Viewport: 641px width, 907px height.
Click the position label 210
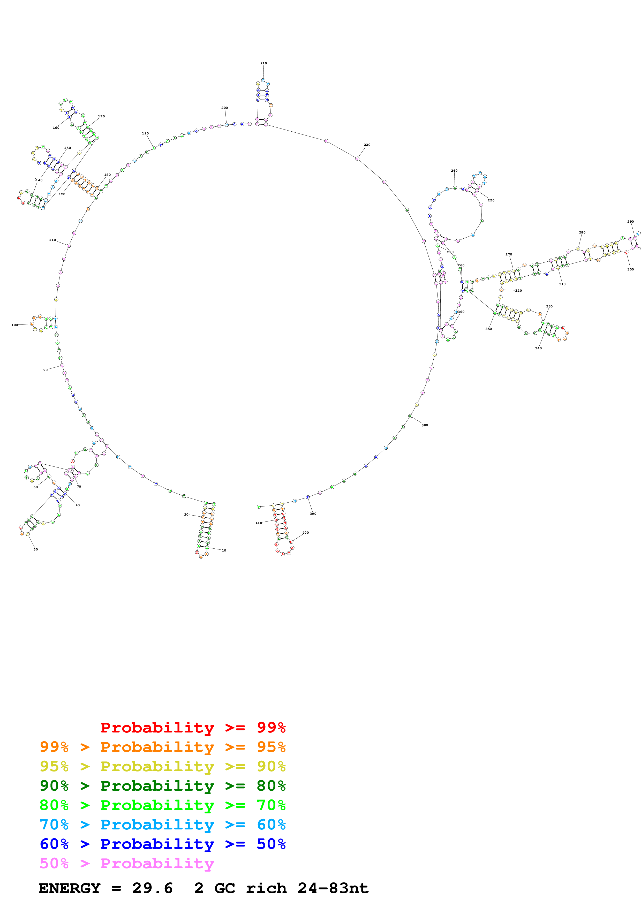pyautogui.click(x=263, y=63)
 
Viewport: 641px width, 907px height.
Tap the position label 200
pyautogui.click(x=224, y=108)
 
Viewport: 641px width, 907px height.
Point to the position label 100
pyautogui.click(x=15, y=325)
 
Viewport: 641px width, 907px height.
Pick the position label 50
pyautogui.click(x=35, y=549)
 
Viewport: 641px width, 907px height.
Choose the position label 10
pyautogui.click(x=224, y=550)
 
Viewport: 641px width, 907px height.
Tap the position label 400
pyautogui.click(x=305, y=533)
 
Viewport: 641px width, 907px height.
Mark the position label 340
pyautogui.click(x=538, y=348)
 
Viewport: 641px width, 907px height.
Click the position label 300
pyautogui.click(x=630, y=269)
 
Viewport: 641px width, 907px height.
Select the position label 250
pyautogui.click(x=491, y=200)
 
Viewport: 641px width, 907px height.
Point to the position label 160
pyautogui.click(x=56, y=128)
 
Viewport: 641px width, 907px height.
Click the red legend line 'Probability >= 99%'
pyautogui.click(x=193, y=727)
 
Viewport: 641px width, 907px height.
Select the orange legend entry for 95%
pyautogui.click(x=162, y=747)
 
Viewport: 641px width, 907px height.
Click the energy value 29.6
pyautogui.click(x=152, y=888)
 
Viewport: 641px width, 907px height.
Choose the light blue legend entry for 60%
pyautogui.click(x=162, y=825)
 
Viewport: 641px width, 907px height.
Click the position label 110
pyautogui.click(x=52, y=240)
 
